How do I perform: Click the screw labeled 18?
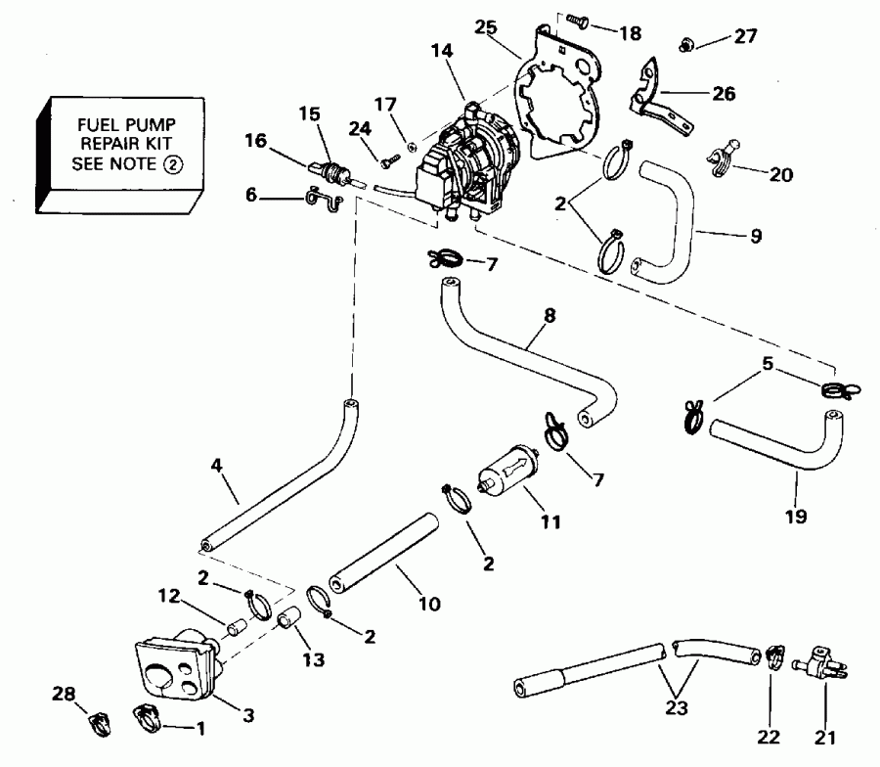(577, 21)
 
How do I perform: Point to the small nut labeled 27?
(687, 43)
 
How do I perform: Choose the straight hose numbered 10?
(380, 553)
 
